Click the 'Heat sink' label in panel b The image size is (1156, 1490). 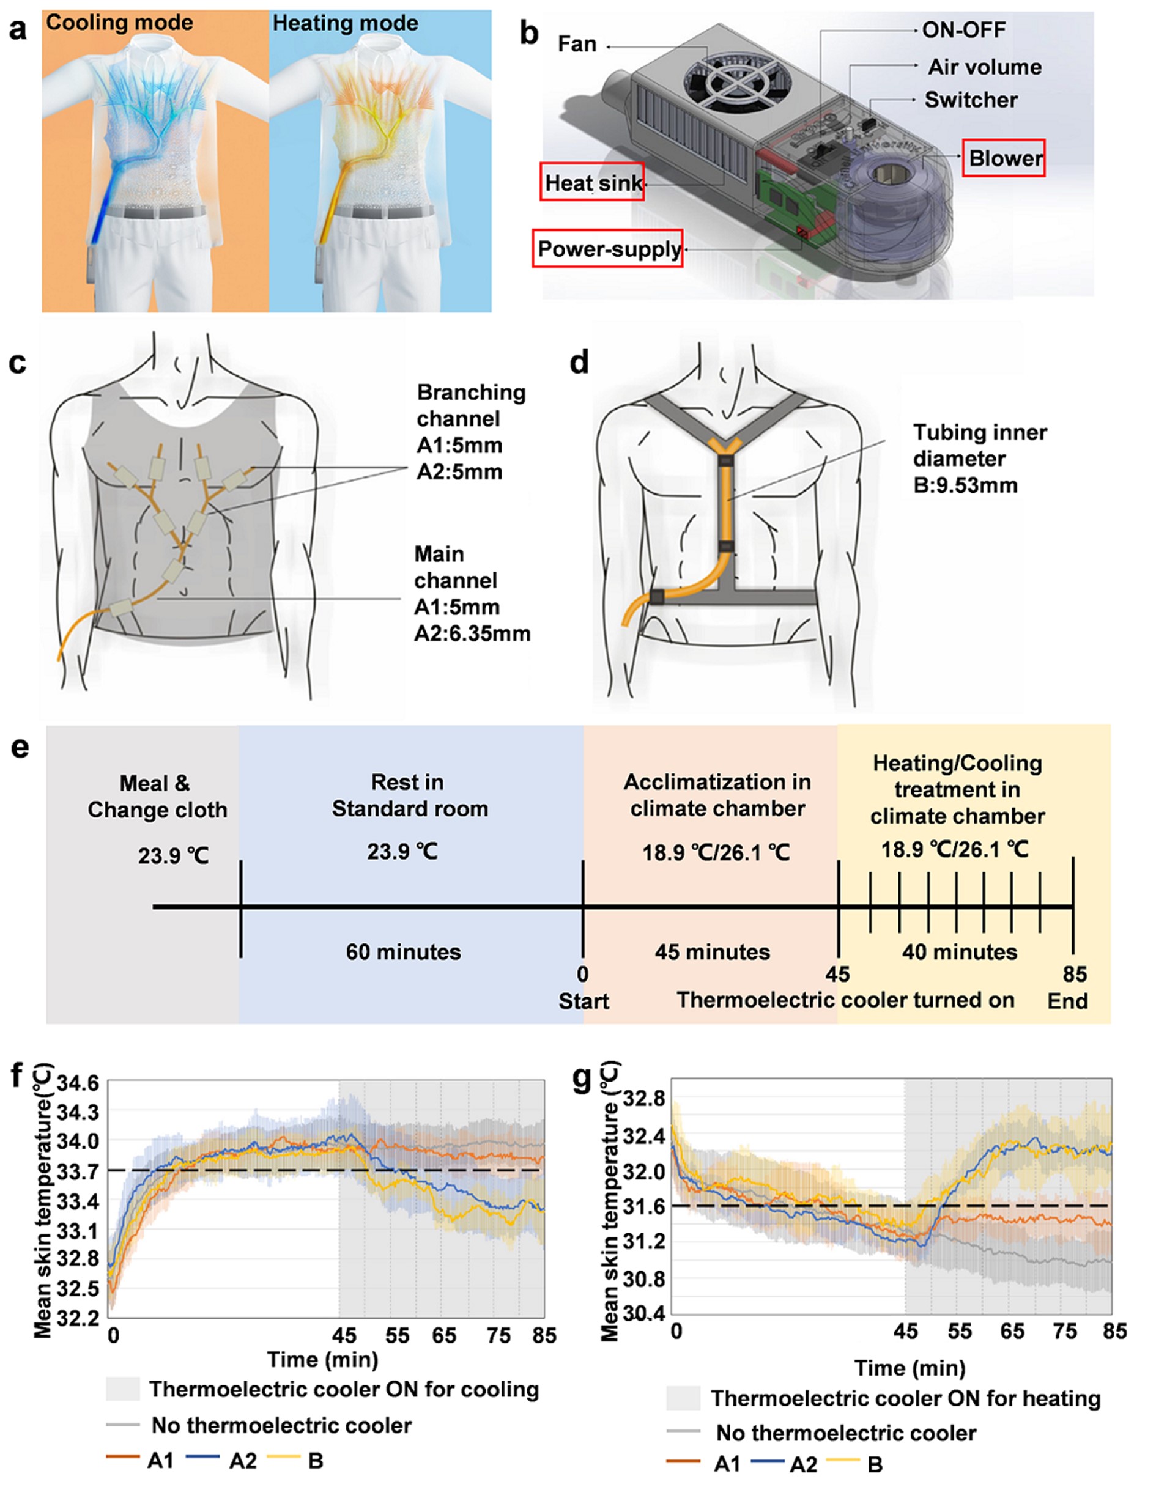(592, 182)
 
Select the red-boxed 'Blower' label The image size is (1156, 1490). (1004, 158)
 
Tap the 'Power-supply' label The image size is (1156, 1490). (609, 249)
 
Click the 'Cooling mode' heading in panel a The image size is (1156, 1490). (119, 23)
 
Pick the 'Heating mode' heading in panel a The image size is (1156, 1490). (346, 23)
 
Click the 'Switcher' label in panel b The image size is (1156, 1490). (971, 100)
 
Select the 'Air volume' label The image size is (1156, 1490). (984, 67)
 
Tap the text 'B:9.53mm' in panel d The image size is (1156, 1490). (965, 485)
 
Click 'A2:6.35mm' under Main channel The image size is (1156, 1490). (472, 634)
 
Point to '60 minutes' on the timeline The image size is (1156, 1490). (403, 952)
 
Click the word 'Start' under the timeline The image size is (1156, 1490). (584, 1001)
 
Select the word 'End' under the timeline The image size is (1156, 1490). (1067, 1001)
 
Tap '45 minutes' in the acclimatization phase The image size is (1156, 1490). (713, 952)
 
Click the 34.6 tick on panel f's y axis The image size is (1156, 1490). (78, 1084)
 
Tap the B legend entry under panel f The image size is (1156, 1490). (315, 1461)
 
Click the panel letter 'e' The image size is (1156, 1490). (20, 747)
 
